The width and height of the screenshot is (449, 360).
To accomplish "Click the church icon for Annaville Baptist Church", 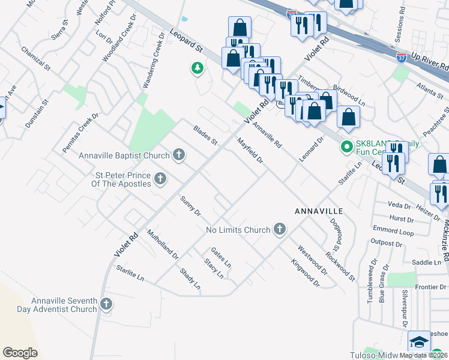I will tap(178, 156).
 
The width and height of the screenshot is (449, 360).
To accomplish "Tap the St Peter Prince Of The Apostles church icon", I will tap(160, 178).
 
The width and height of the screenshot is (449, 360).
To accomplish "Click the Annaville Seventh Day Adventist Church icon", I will tap(107, 304).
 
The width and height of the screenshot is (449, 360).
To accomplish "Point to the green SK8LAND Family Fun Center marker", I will tap(346, 146).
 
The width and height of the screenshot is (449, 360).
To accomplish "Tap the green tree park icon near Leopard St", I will tap(197, 69).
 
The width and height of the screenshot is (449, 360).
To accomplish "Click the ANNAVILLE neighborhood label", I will tap(318, 212).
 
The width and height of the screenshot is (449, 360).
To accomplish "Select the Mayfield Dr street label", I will tap(250, 151).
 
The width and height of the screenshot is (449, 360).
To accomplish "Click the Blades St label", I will tap(205, 135).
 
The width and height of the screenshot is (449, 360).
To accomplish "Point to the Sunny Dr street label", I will tap(190, 206).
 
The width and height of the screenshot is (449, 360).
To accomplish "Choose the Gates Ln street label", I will tap(220, 256).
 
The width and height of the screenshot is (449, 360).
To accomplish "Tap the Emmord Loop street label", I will tap(393, 231).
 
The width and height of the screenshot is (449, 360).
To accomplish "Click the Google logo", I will tap(20, 353).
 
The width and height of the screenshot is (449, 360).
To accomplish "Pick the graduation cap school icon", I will tap(418, 342).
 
